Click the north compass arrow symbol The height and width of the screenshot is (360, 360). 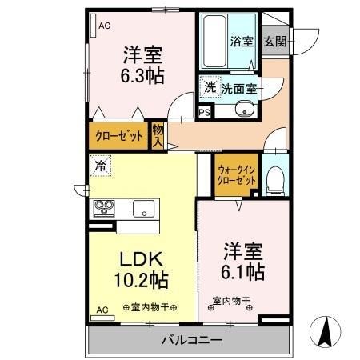point(325,332)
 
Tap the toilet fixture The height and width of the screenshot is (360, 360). point(275,179)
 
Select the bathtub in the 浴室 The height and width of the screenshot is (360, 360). point(214,42)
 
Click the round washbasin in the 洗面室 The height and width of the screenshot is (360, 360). point(243,109)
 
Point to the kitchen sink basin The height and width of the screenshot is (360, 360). point(143,209)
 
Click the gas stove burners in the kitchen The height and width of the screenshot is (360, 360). point(104,208)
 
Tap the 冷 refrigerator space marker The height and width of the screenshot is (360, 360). point(100,166)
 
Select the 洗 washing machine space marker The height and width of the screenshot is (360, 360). point(210,87)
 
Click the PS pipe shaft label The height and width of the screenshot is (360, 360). point(205,113)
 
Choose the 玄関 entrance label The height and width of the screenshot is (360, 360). point(275,42)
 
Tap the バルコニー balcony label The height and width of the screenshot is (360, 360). point(192,340)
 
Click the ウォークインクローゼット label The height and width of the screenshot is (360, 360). point(236,175)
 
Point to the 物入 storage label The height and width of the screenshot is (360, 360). point(158,136)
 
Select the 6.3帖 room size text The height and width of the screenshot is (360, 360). point(142,76)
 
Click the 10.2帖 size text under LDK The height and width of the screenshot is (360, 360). point(142,280)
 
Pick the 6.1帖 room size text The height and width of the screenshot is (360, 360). point(243,272)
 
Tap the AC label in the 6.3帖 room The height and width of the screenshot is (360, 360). point(105,26)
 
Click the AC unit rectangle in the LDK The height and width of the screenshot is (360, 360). point(102,318)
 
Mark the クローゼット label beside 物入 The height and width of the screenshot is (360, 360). point(119,136)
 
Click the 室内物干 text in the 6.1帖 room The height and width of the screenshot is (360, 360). point(231,301)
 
